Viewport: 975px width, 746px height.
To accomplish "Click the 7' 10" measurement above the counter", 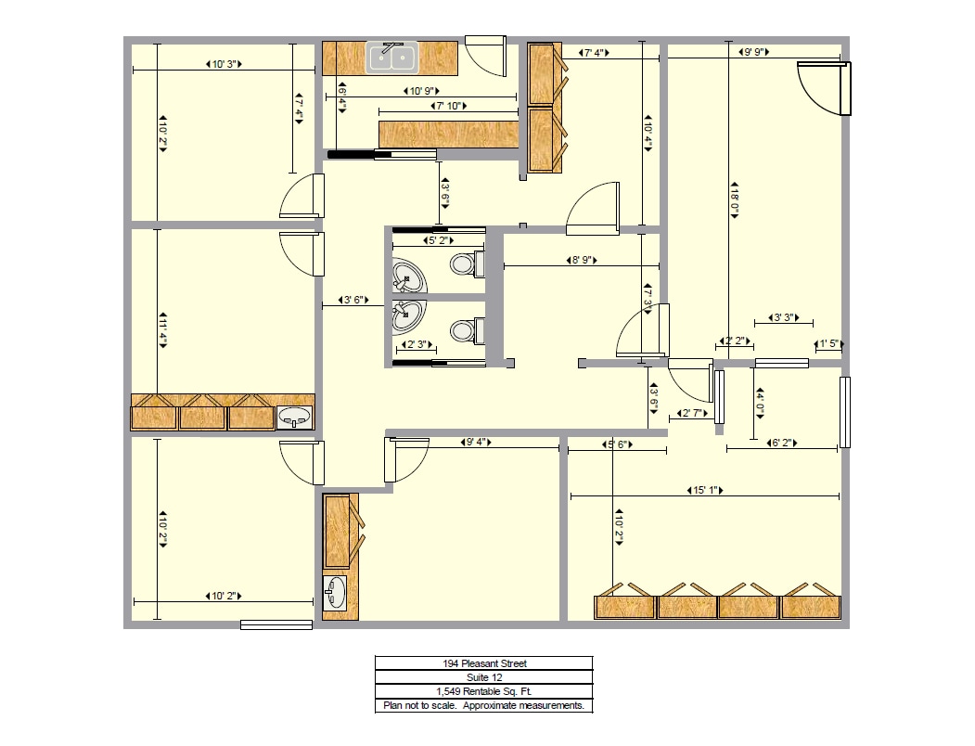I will (448, 107).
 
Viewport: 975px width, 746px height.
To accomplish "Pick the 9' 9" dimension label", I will (753, 53).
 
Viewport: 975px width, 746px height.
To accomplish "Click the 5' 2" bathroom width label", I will (438, 240).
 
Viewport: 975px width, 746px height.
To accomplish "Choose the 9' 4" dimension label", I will (475, 443).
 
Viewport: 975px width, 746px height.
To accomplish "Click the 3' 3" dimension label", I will (783, 319).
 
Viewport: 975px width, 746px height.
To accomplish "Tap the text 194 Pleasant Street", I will (483, 663).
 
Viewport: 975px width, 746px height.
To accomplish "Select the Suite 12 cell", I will (483, 677).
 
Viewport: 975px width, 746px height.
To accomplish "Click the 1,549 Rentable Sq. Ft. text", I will (483, 691).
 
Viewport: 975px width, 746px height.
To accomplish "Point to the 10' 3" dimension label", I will (224, 65).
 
